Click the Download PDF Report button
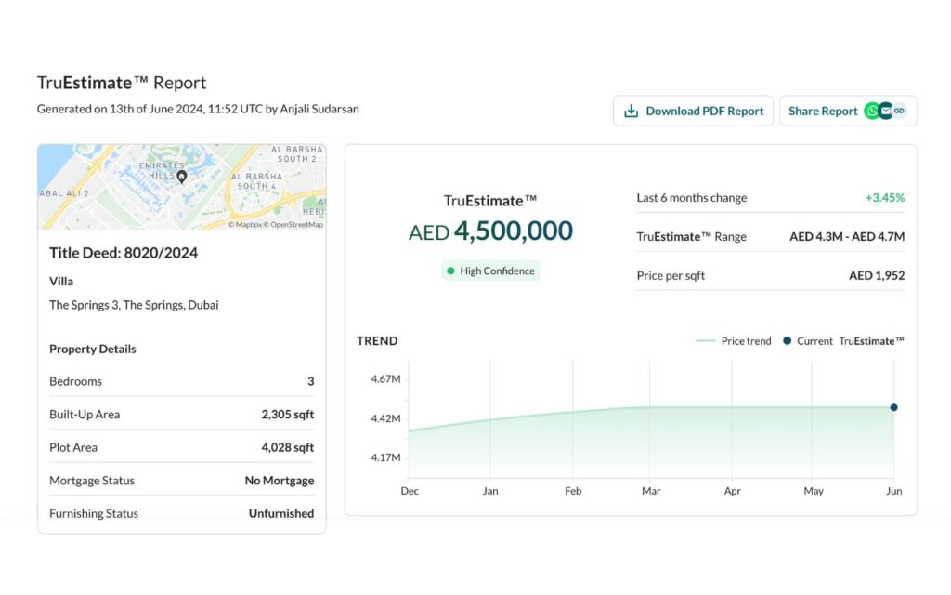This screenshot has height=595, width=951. click(x=693, y=111)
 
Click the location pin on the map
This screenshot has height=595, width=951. click(x=182, y=177)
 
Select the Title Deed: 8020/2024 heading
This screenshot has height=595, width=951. click(x=124, y=253)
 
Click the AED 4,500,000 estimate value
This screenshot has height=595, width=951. click(x=490, y=231)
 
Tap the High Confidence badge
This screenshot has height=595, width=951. click(x=490, y=271)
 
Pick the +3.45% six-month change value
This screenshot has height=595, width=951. click(x=884, y=198)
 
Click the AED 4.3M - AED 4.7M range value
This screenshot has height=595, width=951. click(x=847, y=237)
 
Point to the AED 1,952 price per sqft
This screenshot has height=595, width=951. click(x=877, y=276)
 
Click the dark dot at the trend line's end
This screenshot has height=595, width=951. click(x=893, y=407)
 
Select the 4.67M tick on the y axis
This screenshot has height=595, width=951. click(x=386, y=379)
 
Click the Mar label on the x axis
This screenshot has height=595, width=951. click(x=651, y=491)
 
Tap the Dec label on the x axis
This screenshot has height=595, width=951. click(x=410, y=491)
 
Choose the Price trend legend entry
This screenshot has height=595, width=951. click(x=734, y=341)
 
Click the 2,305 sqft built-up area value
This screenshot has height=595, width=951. click(x=288, y=415)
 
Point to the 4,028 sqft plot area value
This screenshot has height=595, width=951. click(x=288, y=448)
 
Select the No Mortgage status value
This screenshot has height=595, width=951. click(x=280, y=481)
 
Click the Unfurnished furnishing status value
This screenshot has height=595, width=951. click(x=281, y=513)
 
